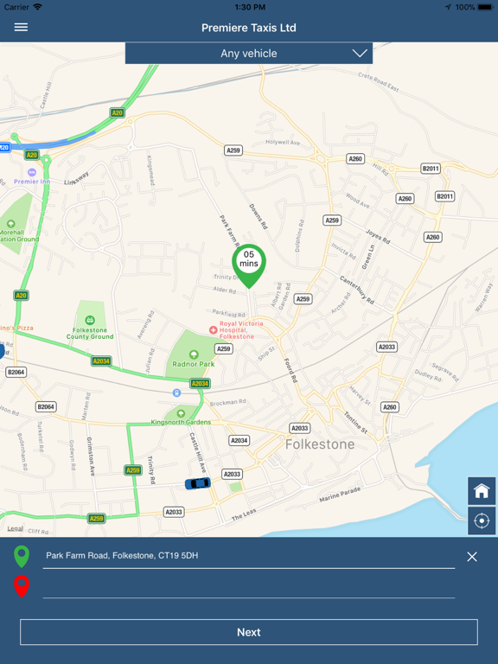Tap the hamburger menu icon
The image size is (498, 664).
pyautogui.click(x=21, y=28)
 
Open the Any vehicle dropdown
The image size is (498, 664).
pyautogui.click(x=249, y=54)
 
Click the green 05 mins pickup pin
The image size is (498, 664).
pyautogui.click(x=249, y=263)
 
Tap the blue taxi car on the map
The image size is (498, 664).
pyautogui.click(x=197, y=483)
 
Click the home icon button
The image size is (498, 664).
pyautogui.click(x=482, y=491)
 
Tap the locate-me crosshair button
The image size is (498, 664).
pyautogui.click(x=482, y=520)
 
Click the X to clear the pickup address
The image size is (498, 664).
pyautogui.click(x=472, y=557)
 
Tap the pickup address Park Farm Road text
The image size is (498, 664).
pyautogui.click(x=122, y=556)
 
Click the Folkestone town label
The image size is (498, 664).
pyautogui.click(x=320, y=444)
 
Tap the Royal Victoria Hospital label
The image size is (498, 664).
pyautogui.click(x=236, y=329)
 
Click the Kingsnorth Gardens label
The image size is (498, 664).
pyautogui.click(x=181, y=422)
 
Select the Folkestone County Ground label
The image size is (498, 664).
pyautogui.click(x=91, y=333)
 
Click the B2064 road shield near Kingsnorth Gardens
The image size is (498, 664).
pyautogui.click(x=46, y=406)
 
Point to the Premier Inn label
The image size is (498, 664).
pyautogui.click(x=33, y=182)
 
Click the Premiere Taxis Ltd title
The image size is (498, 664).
pyautogui.click(x=249, y=28)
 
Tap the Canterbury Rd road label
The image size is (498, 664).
pyautogui.click(x=356, y=290)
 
